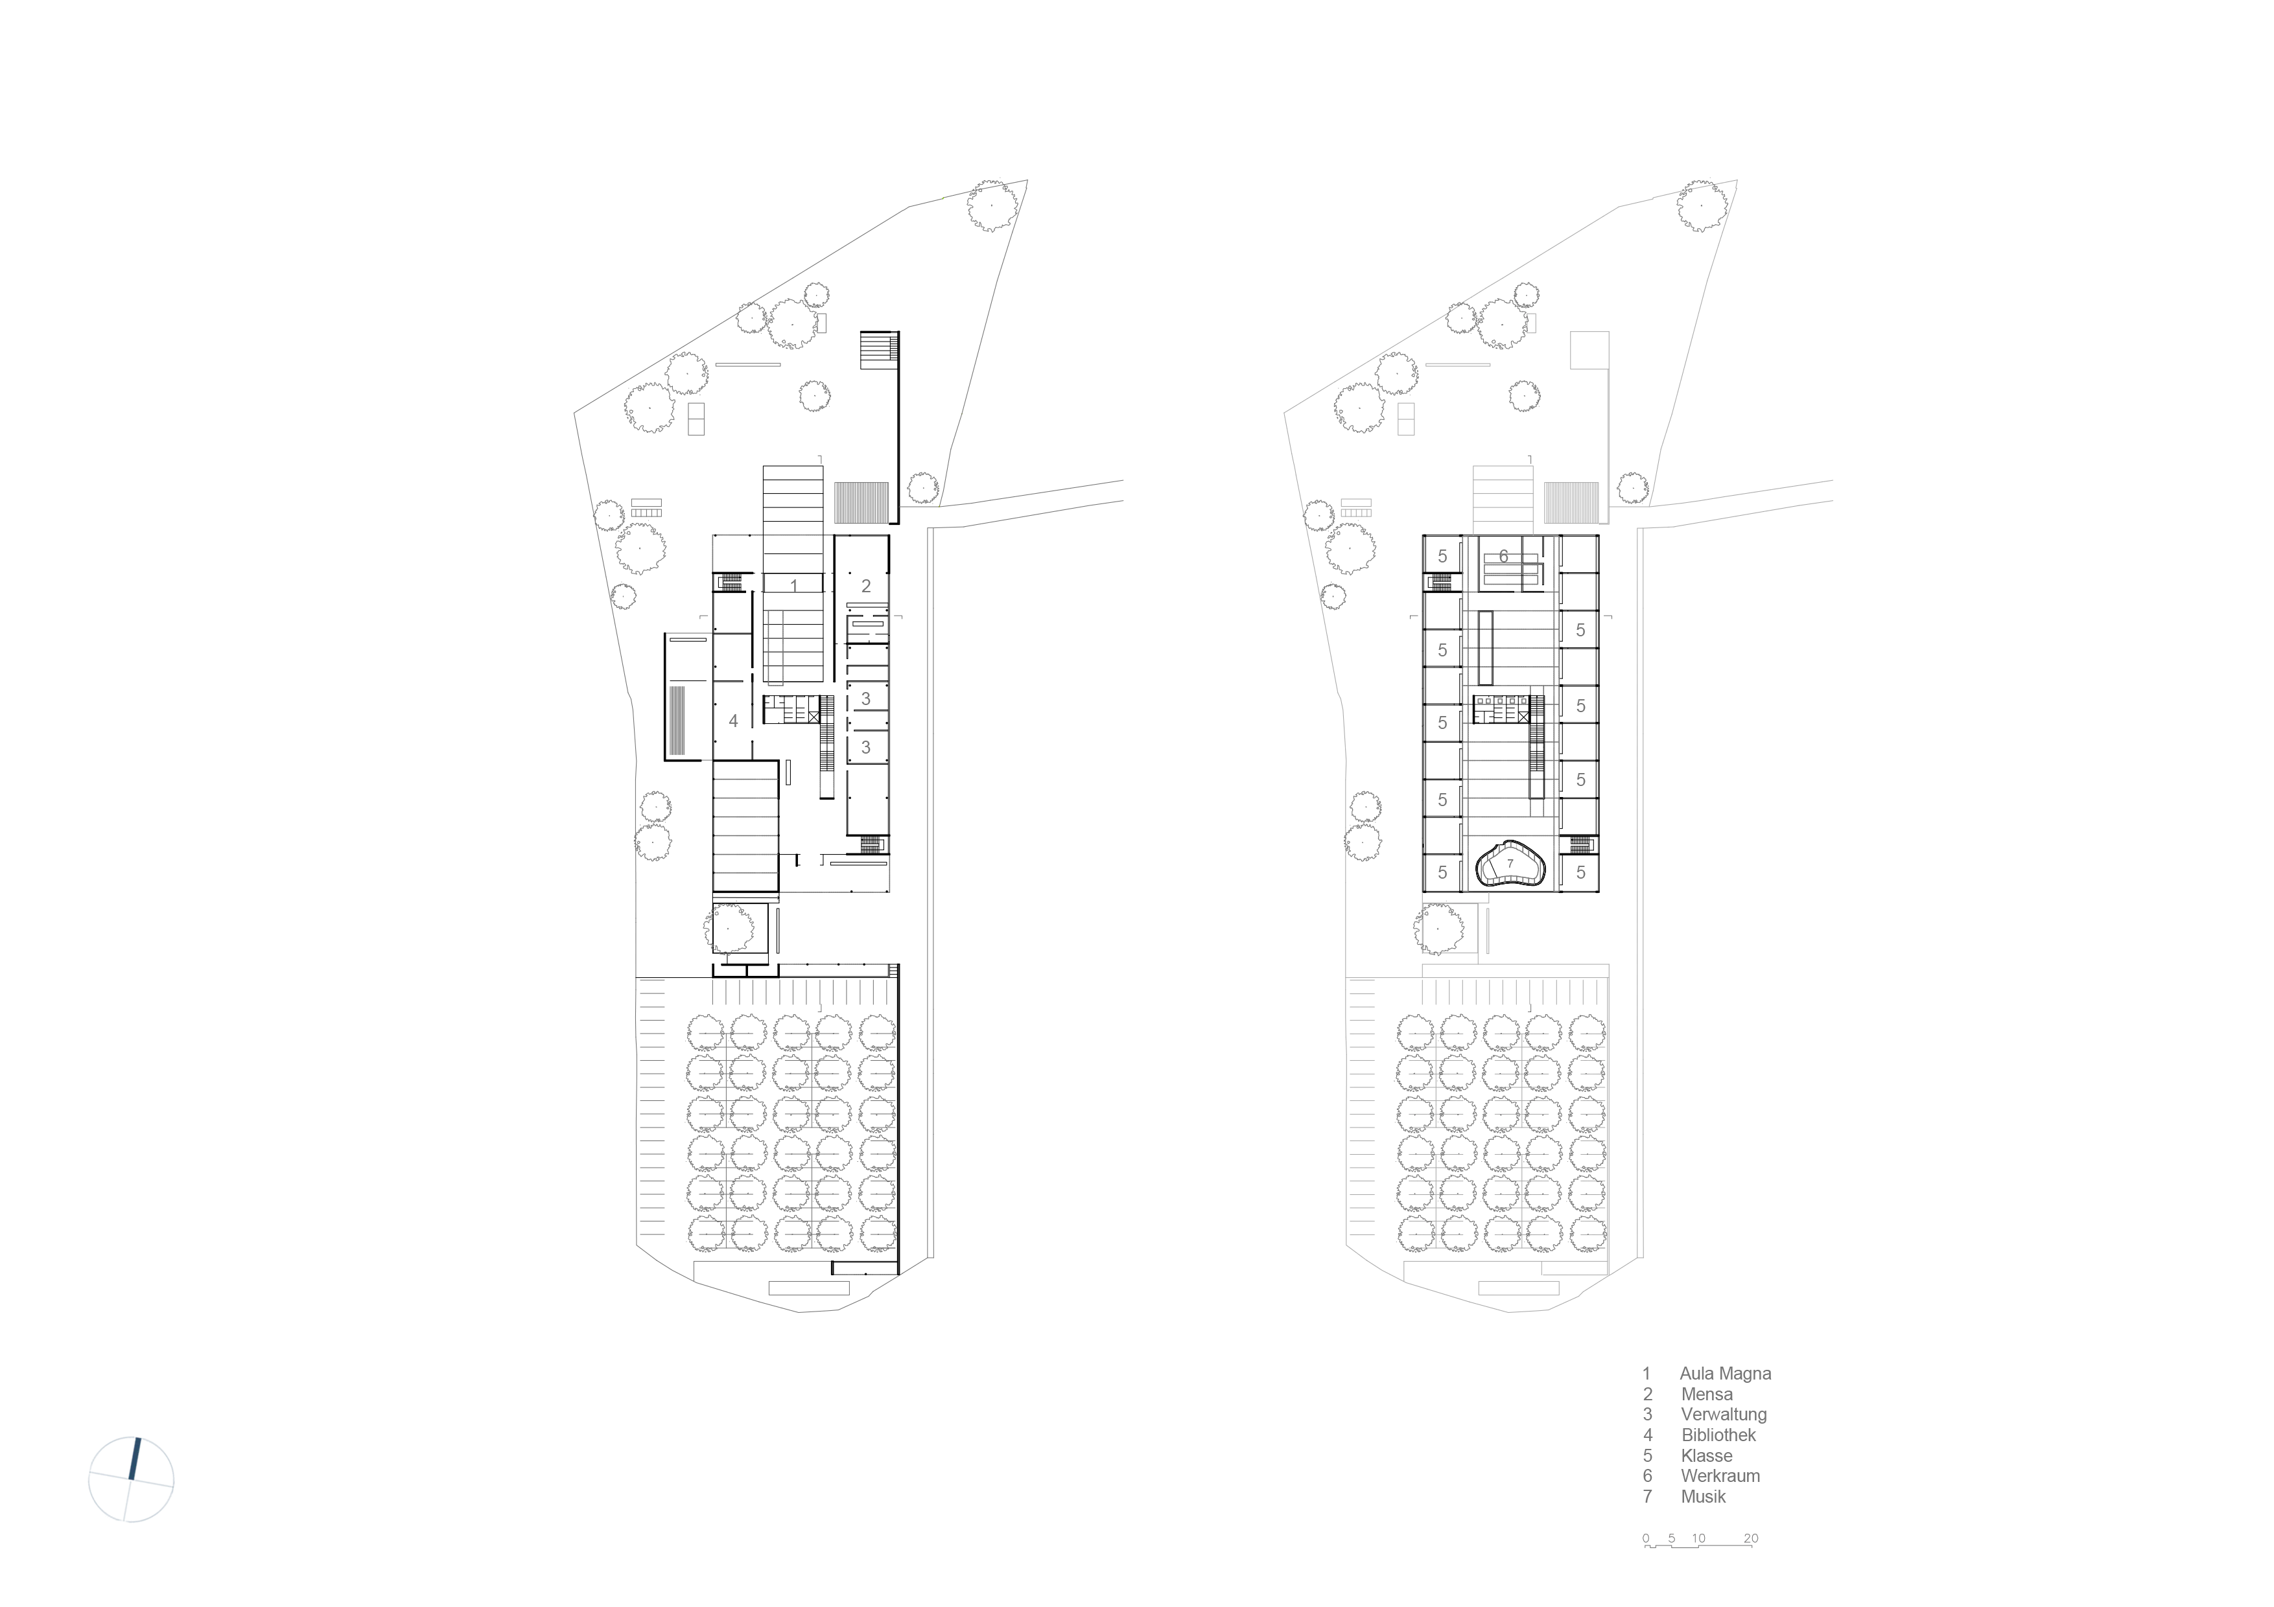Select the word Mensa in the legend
(1707, 1394)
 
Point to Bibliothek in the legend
(1718, 1435)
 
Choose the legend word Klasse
(1707, 1455)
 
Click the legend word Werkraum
(1720, 1475)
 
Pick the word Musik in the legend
(1704, 1496)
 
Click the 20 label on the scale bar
(1751, 1538)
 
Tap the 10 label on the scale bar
(1698, 1538)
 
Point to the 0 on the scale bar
(1646, 1538)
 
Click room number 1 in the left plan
(793, 586)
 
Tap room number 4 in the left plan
(733, 721)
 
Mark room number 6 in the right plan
(1503, 557)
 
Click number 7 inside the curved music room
(1510, 863)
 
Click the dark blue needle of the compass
(135, 1459)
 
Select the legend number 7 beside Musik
(1648, 1496)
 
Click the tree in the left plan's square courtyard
(729, 929)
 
